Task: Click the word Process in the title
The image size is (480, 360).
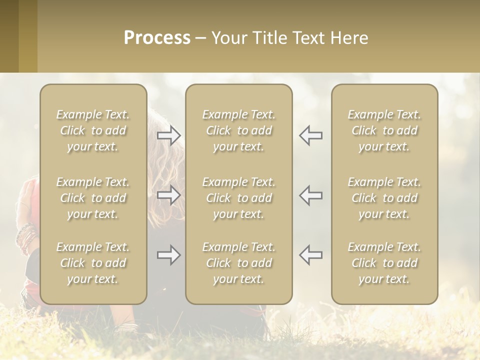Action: (x=157, y=38)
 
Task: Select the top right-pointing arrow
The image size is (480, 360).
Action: (x=169, y=135)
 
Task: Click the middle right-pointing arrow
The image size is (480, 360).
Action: (x=169, y=195)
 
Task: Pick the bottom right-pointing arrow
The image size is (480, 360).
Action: (x=169, y=255)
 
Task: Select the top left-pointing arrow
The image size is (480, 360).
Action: (x=311, y=135)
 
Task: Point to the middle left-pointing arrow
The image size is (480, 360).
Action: (x=311, y=195)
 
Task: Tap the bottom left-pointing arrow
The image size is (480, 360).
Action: (x=311, y=255)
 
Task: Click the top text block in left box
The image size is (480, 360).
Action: (x=93, y=130)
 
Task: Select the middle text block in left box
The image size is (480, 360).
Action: (x=93, y=198)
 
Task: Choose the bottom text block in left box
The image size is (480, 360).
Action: (x=93, y=263)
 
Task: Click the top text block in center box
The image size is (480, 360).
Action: (x=238, y=130)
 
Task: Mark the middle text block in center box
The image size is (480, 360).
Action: (x=238, y=198)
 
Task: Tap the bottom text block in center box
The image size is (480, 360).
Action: (x=238, y=263)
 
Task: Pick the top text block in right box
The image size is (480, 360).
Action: (x=384, y=130)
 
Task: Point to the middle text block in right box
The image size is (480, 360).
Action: (x=384, y=198)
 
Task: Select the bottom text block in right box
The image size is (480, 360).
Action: (x=384, y=263)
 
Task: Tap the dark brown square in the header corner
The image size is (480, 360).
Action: (x=9, y=36)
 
